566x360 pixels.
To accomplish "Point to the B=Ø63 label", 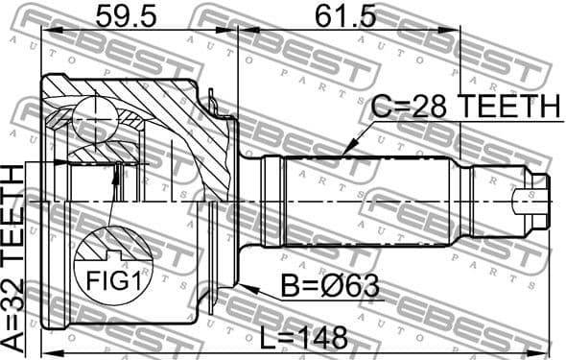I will pos(328,285).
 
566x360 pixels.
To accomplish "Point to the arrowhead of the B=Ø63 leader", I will pos(246,286).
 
